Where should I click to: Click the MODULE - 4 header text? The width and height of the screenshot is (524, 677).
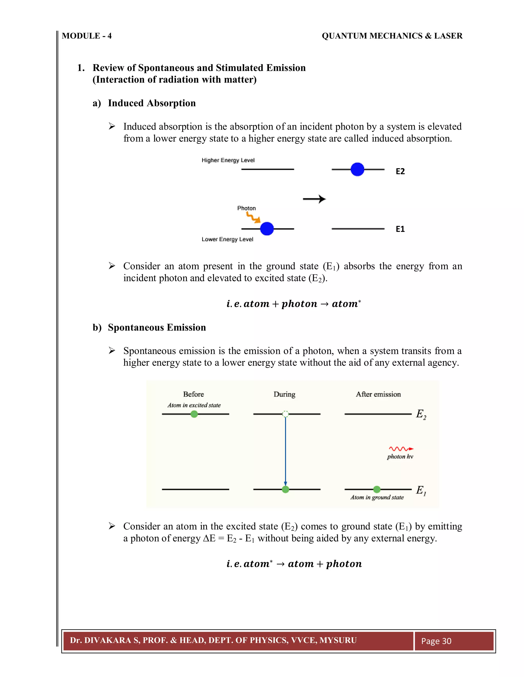coord(87,36)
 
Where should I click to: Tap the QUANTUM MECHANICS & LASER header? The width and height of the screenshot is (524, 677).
coord(392,36)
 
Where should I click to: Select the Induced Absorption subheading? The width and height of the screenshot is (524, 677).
coord(151,103)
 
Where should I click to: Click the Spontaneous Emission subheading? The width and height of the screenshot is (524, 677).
coord(157,328)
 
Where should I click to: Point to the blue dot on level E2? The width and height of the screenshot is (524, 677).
coord(357,169)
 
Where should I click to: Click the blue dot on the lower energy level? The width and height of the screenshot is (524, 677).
coord(267,229)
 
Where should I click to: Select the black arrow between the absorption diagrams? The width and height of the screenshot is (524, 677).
coord(314,199)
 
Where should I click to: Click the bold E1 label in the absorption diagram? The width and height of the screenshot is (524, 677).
coord(400,229)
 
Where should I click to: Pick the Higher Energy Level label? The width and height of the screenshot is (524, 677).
coord(228,160)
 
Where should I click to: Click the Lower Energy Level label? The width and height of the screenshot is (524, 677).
coord(227,239)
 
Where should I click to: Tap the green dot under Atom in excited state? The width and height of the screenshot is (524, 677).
coord(194,414)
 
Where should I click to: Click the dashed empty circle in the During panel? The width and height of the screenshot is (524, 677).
coord(285,414)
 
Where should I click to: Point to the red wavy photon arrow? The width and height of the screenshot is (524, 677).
coord(401,449)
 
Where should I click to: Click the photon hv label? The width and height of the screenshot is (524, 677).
coord(400,457)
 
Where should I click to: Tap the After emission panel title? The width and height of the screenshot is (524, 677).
coord(378,394)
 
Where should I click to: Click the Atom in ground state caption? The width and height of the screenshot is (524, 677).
coord(377,497)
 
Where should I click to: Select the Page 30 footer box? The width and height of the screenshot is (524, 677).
coord(454,641)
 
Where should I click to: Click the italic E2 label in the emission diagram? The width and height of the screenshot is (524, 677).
coord(421,414)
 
